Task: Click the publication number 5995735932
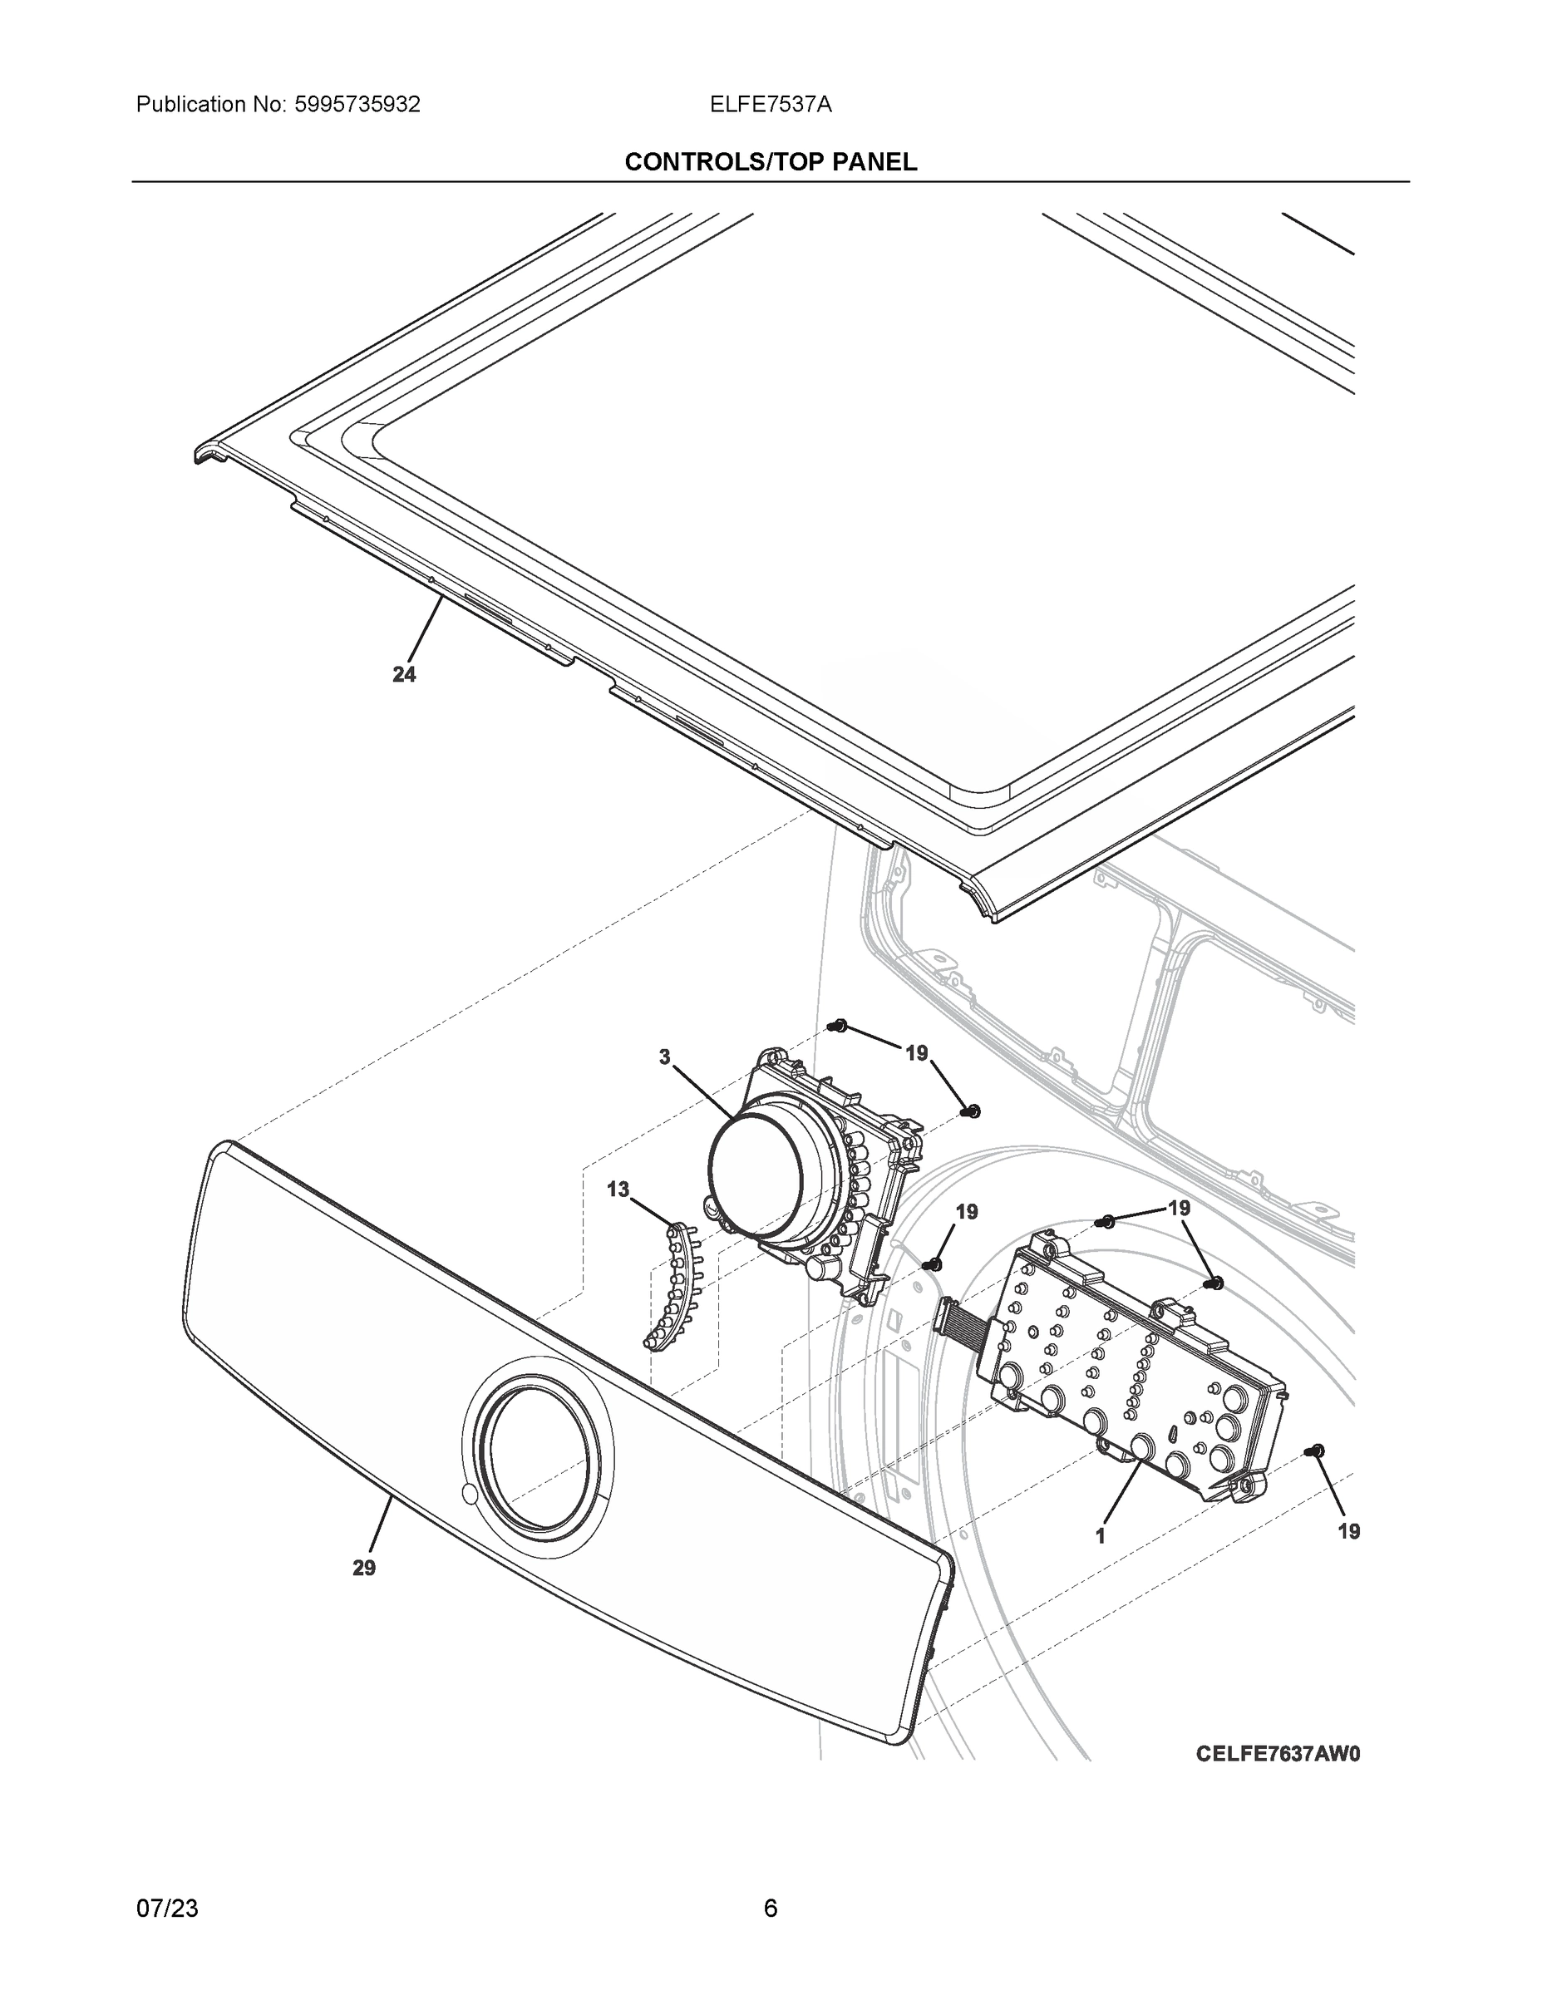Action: coord(357,105)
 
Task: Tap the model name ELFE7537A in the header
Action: coord(770,105)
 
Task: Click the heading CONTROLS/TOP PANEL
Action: coord(770,162)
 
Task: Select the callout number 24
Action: coord(404,674)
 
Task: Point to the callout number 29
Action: coord(363,1568)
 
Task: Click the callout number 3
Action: coord(664,1057)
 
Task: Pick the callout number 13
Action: coord(618,1190)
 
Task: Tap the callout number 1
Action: coord(1101,1536)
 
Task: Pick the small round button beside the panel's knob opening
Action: coord(470,1495)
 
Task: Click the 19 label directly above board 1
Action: coord(1180,1209)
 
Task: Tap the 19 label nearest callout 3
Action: coord(916,1053)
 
